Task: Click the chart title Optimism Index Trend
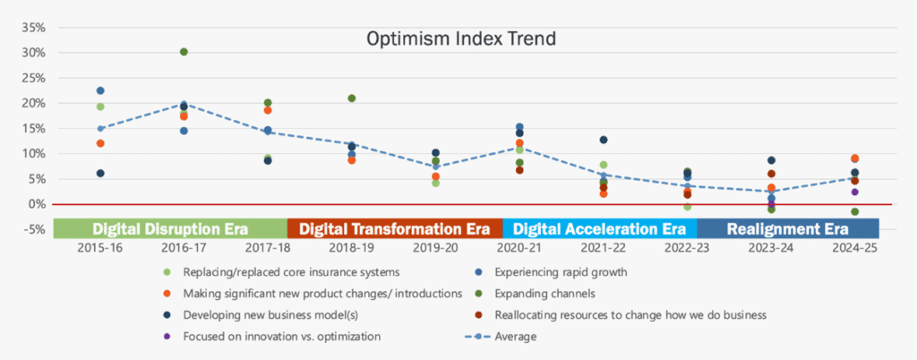461,39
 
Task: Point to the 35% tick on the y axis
33,27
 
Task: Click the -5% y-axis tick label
34,229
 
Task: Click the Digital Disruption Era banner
169,228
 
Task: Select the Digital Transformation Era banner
395,228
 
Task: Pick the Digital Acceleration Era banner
599,228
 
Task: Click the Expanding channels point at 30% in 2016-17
184,52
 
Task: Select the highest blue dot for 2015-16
100,91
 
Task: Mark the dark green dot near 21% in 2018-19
352,99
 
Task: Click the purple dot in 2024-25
854,192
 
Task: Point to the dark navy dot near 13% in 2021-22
604,140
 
